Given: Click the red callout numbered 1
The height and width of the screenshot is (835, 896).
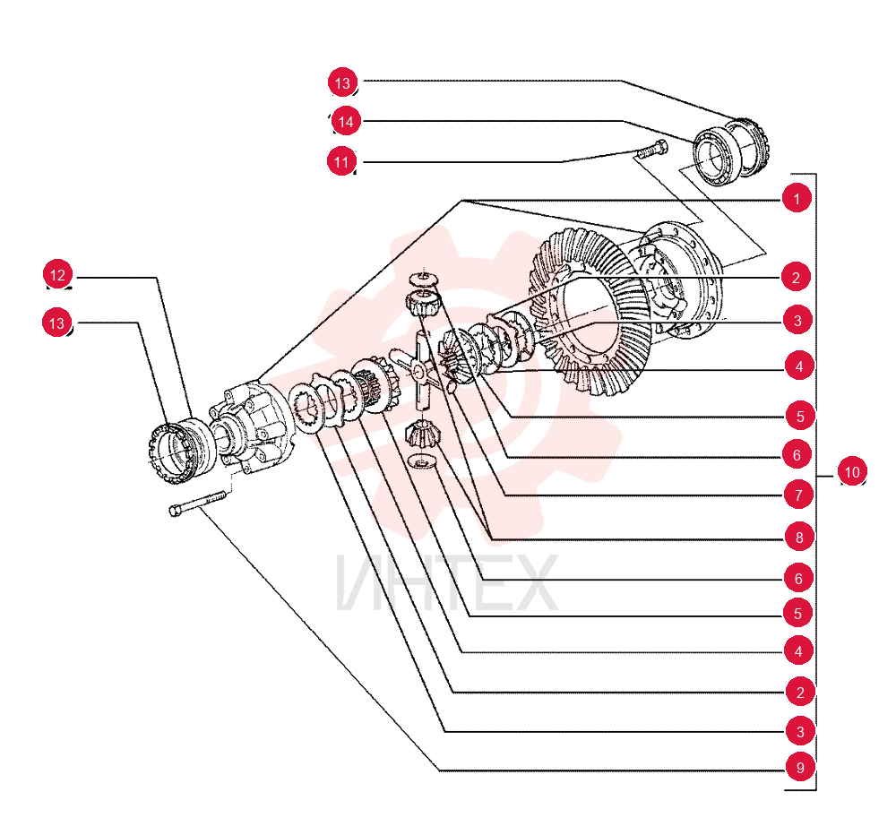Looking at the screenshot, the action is coord(797,198).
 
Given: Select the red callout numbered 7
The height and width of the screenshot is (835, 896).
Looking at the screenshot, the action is coord(798,495).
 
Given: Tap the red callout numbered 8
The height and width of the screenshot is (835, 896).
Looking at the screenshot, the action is coord(799,538).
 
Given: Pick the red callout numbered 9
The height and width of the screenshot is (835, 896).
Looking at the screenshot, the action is coord(800,768).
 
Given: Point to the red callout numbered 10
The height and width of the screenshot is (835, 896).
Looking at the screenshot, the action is coord(852,471).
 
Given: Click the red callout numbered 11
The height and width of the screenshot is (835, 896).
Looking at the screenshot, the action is coord(341,162).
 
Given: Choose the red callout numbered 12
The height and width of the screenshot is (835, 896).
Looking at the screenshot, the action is coord(57,275).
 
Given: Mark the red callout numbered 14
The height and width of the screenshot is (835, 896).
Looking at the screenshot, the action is coord(346,121).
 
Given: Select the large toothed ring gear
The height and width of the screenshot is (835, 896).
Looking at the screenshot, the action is coord(591,312).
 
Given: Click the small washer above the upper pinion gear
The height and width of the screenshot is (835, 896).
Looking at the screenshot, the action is coord(424,280).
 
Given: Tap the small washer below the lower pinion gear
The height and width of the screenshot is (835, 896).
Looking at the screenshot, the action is coord(422,461).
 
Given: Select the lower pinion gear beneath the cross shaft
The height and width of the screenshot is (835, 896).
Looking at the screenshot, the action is coord(422,435).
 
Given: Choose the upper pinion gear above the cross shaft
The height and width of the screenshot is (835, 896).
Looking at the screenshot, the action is coord(423,302).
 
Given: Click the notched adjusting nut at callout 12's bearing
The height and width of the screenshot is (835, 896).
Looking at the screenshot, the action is coord(169,454).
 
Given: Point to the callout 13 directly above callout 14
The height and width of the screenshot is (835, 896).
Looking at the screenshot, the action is coord(342,82).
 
